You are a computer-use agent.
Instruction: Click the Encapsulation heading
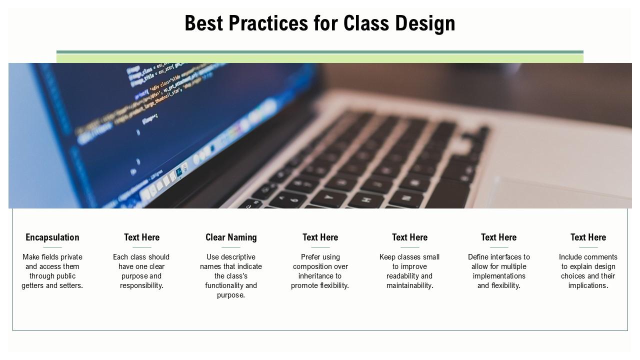tap(52, 237)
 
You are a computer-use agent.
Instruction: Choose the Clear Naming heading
tap(231, 237)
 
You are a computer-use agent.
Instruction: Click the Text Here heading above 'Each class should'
tap(142, 237)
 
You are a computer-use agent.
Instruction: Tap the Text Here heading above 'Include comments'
tap(588, 237)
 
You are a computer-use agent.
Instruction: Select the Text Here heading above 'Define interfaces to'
tap(498, 237)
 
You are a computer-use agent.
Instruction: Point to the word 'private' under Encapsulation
tap(70, 257)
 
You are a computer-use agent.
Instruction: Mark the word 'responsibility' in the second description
tap(141, 285)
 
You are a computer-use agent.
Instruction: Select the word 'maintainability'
tap(409, 285)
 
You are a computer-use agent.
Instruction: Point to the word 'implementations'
tap(498, 276)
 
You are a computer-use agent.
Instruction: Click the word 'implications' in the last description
tap(587, 285)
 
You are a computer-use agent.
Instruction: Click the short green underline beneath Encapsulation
tap(52, 247)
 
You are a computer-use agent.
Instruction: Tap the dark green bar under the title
tap(320, 52)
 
